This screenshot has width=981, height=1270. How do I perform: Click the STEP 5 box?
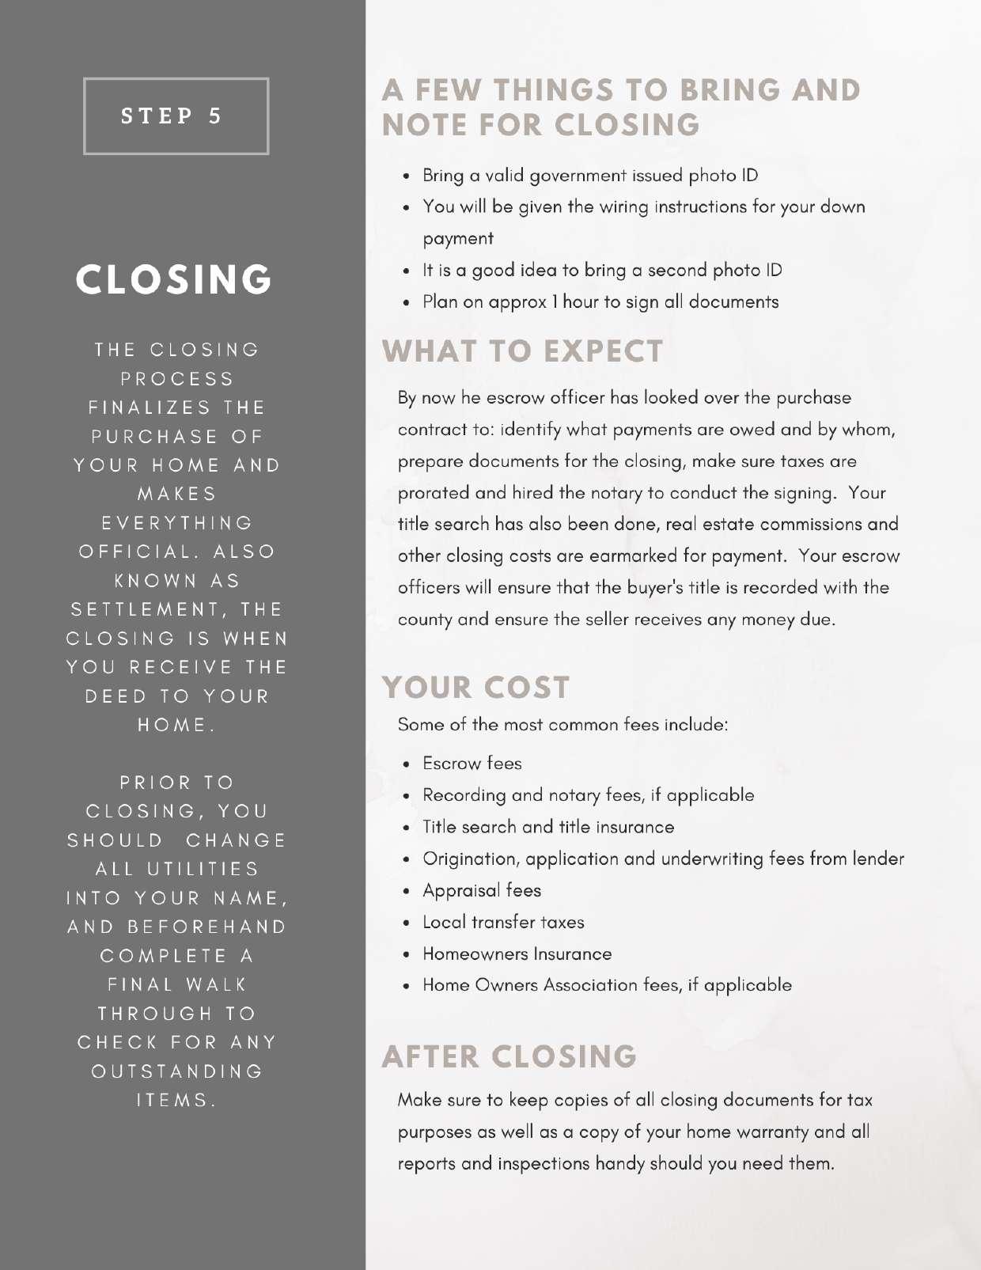[176, 116]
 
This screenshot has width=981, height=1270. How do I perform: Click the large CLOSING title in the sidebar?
[175, 279]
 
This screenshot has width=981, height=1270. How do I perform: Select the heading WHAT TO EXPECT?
[523, 351]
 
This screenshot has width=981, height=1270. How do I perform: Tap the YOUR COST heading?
[475, 688]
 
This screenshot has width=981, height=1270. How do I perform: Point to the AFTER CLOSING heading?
[509, 1056]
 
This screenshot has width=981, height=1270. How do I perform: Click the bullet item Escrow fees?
[472, 764]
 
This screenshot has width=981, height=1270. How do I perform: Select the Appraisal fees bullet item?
[482, 890]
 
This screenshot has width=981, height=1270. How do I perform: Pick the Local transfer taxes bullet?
[503, 922]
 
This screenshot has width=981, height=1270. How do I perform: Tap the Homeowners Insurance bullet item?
[517, 953]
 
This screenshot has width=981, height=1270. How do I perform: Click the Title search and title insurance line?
[548, 827]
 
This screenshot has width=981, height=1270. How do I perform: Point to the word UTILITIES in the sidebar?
[203, 869]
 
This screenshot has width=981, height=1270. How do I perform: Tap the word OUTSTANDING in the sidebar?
[177, 1071]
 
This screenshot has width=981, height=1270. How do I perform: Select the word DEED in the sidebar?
[116, 696]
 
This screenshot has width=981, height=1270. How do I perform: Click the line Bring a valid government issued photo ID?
[590, 175]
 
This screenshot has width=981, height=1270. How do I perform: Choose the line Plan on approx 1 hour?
[600, 301]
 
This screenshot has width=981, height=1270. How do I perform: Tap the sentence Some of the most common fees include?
[562, 725]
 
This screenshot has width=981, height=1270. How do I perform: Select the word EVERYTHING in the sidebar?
[177, 523]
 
